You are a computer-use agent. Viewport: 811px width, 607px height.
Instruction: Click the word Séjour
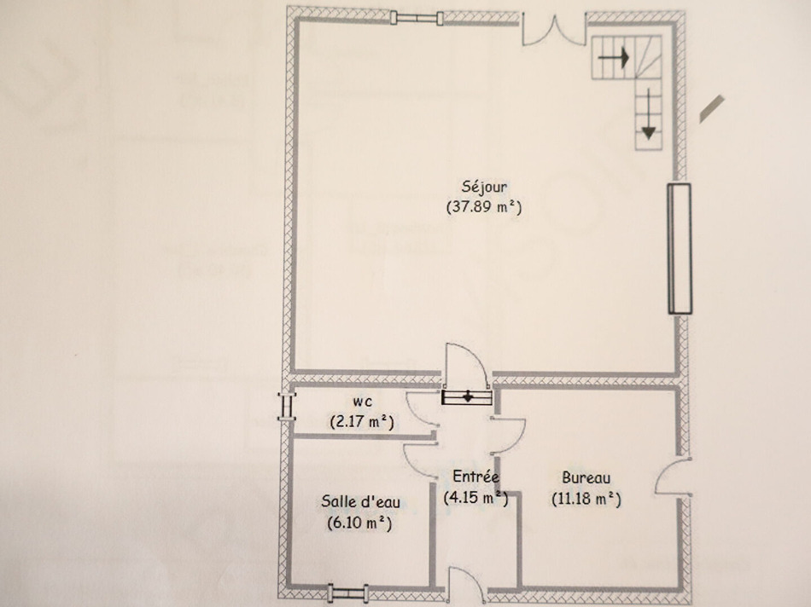pyautogui.click(x=484, y=187)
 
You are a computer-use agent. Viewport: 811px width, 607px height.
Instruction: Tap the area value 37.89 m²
pyautogui.click(x=484, y=206)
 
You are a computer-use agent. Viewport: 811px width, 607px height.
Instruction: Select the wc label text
pyautogui.click(x=362, y=402)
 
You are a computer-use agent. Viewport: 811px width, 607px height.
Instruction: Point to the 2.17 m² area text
pyautogui.click(x=362, y=421)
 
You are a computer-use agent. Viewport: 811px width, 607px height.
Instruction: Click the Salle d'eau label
pyautogui.click(x=360, y=501)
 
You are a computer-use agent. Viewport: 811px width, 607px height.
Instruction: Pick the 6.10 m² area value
pyautogui.click(x=359, y=523)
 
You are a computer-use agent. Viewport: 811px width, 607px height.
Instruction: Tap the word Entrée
pyautogui.click(x=476, y=476)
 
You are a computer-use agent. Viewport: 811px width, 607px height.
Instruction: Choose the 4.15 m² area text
pyautogui.click(x=476, y=498)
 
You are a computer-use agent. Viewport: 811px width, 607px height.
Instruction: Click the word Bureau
pyautogui.click(x=586, y=478)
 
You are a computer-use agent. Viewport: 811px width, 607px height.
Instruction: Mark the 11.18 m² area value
pyautogui.click(x=586, y=499)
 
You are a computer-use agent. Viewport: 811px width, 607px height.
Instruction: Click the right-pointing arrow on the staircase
pyautogui.click(x=614, y=57)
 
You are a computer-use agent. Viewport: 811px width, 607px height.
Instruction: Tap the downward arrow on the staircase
pyautogui.click(x=649, y=114)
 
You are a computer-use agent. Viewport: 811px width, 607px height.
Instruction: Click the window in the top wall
pyautogui.click(x=417, y=18)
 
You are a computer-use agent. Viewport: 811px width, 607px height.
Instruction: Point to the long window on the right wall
pyautogui.click(x=680, y=248)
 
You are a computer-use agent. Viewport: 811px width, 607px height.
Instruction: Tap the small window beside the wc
pyautogui.click(x=286, y=406)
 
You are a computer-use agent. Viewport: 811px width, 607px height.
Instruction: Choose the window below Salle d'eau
pyautogui.click(x=348, y=593)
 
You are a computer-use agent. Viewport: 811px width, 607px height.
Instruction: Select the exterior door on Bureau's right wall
pyautogui.click(x=673, y=477)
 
